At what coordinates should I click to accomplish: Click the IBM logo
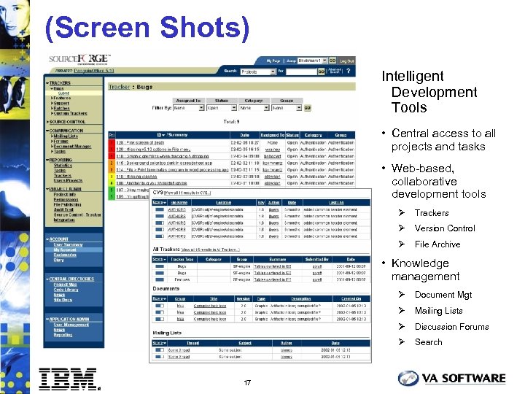[69, 379]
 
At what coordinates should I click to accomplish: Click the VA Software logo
[451, 378]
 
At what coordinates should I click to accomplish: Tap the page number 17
[247, 382]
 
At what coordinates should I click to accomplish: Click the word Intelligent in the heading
[412, 76]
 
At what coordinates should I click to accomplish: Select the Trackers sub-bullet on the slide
[432, 213]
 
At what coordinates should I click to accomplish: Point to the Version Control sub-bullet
[444, 228]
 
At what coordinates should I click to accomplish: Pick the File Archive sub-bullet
[437, 244]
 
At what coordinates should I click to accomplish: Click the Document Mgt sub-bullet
[443, 295]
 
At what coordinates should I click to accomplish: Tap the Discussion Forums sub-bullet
[451, 327]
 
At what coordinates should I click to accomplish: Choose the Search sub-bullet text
[428, 342]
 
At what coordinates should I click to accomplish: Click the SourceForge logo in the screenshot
[79, 59]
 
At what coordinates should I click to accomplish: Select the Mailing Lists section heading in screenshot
[167, 332]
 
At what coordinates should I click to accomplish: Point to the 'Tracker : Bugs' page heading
[131, 88]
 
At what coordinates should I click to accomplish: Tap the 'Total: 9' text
[231, 122]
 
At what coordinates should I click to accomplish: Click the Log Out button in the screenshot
[346, 61]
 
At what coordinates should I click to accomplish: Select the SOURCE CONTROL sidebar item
[66, 122]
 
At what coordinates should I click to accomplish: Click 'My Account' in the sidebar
[64, 250]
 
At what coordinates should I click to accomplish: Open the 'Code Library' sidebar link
[65, 290]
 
